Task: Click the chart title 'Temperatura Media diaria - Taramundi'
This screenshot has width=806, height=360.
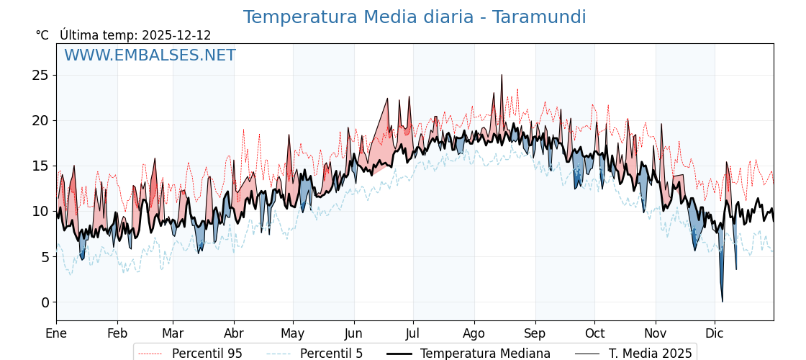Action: [x=415, y=17]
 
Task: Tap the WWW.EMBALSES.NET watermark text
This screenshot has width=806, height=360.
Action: [x=150, y=55]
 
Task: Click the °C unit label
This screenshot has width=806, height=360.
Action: [x=42, y=35]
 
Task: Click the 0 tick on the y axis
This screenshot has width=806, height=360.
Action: [x=45, y=302]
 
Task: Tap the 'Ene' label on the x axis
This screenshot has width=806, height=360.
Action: [x=56, y=333]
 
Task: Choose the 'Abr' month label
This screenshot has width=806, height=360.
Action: [x=234, y=333]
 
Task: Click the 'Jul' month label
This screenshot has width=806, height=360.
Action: [x=413, y=333]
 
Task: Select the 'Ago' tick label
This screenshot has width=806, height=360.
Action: [x=474, y=333]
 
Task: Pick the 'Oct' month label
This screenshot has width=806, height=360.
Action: [x=594, y=333]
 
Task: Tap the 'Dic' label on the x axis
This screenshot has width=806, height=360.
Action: [x=715, y=333]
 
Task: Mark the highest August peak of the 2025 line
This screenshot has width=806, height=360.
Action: [x=502, y=75]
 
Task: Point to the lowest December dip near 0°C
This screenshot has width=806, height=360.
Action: [x=722, y=301]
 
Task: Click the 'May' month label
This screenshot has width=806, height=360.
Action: [x=293, y=333]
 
